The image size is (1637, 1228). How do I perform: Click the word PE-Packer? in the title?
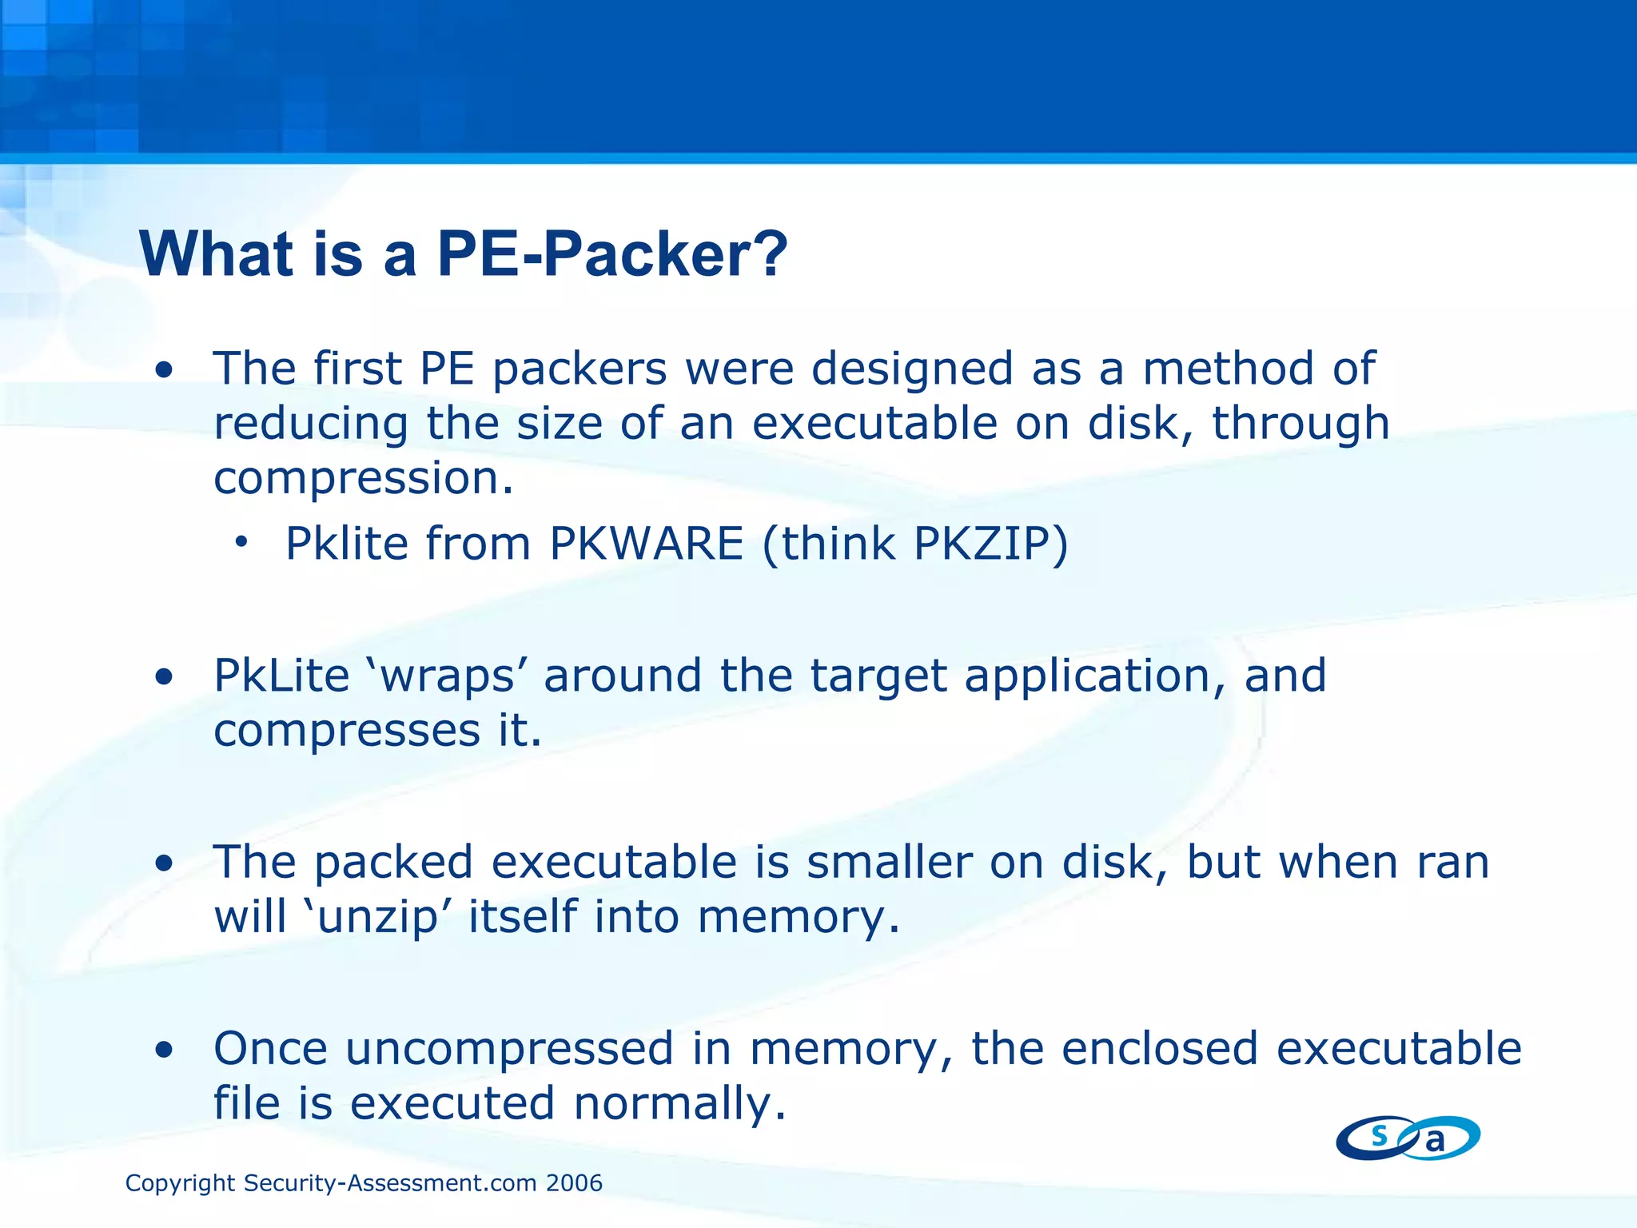pos(612,254)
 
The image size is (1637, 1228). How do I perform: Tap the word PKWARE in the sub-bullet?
pos(647,544)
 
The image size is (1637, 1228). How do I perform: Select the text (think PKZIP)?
pos(915,545)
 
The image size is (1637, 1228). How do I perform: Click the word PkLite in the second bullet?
pos(281,676)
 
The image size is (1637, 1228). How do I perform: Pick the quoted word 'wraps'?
pos(447,676)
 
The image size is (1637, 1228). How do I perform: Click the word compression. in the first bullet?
pos(364,478)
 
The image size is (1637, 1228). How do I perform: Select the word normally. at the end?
pos(680,1104)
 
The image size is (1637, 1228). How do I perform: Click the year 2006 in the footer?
pos(574,1183)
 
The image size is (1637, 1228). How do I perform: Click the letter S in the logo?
pos(1379,1134)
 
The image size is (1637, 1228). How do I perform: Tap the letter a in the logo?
pos(1436,1141)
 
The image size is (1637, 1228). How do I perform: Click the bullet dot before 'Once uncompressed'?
pos(165,1051)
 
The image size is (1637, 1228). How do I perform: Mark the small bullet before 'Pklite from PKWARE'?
pos(241,544)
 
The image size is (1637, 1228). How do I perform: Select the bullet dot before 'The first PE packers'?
pos(165,370)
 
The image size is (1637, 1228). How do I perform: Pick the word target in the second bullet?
pos(878,676)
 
